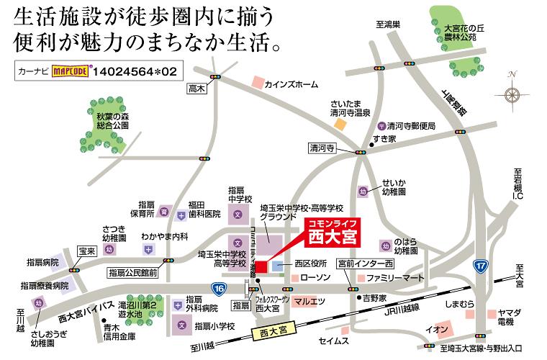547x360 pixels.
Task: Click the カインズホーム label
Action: pos(291,85)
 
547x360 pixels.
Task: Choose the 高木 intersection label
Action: pos(196,89)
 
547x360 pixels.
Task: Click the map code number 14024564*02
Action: pos(134,72)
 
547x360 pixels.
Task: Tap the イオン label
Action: pos(436,330)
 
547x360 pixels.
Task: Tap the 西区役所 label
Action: pos(311,264)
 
